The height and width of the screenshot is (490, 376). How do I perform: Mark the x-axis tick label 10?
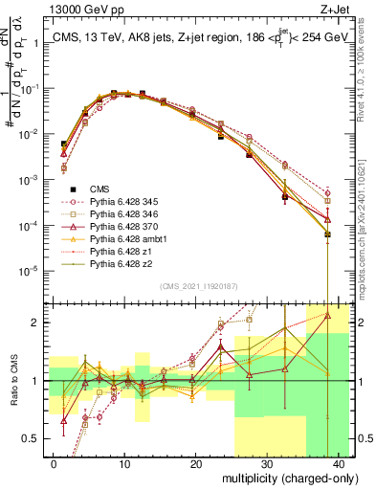(124, 462)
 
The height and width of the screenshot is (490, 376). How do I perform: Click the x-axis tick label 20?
(195, 462)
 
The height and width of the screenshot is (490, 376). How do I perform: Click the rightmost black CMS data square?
(327, 234)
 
